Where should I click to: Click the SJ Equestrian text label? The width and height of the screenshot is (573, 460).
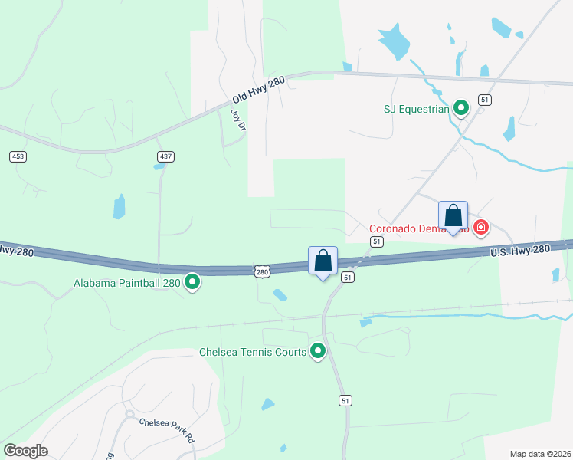(415, 109)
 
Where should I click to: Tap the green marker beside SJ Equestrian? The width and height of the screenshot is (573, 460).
(460, 108)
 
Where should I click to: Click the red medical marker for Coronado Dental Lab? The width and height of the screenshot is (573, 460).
(480, 227)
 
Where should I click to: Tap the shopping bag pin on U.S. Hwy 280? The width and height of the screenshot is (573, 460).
(323, 261)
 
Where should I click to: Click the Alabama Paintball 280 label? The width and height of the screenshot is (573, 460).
(127, 284)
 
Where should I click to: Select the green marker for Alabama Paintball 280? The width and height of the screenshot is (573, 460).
(193, 283)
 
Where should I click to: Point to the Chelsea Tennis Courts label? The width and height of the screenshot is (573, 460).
(253, 353)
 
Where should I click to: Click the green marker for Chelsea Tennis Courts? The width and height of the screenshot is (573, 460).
(318, 352)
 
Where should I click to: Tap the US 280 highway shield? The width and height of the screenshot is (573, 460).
(263, 271)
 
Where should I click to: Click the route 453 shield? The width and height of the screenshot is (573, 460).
(18, 156)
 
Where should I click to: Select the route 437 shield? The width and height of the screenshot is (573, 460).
(165, 156)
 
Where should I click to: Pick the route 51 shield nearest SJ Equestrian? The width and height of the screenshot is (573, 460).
(484, 100)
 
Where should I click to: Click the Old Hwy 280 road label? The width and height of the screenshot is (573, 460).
(258, 90)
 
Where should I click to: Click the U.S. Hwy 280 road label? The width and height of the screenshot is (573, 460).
(520, 251)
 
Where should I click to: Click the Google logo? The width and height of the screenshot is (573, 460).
(25, 451)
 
